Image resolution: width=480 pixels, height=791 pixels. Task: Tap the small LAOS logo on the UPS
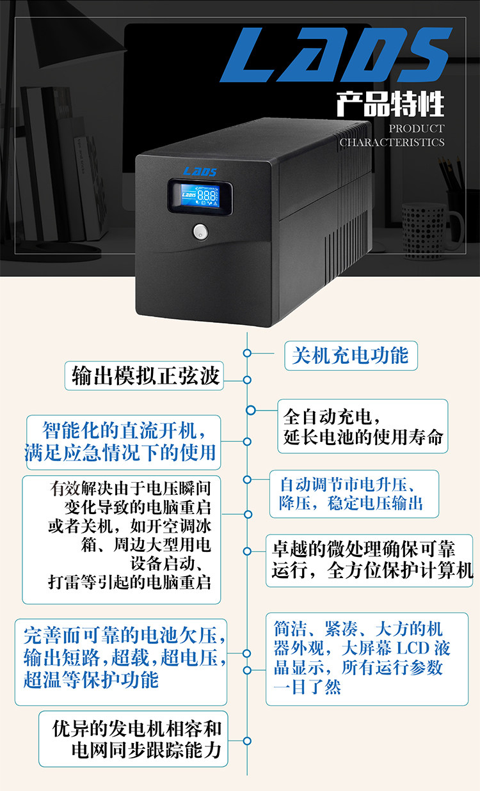click(x=200, y=171)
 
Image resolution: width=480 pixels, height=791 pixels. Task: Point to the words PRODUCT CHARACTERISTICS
click(x=392, y=136)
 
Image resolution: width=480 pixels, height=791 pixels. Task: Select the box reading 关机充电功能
click(x=350, y=355)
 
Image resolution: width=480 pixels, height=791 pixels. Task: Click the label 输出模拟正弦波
click(x=146, y=375)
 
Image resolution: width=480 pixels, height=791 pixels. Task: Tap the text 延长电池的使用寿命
click(x=363, y=438)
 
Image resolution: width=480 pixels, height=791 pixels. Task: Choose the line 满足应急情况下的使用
click(x=120, y=451)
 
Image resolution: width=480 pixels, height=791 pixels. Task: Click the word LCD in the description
click(x=415, y=648)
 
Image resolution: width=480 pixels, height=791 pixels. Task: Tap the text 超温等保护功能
click(x=91, y=678)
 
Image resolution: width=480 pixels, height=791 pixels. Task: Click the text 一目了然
click(x=307, y=687)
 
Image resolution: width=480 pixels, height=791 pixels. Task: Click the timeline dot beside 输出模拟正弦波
click(x=248, y=380)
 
